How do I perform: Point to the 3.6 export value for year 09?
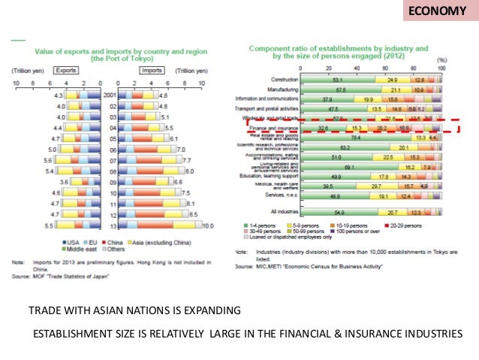coord(64,182)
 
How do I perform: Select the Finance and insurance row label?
coord(273,129)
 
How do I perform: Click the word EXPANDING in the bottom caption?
coord(209,310)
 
